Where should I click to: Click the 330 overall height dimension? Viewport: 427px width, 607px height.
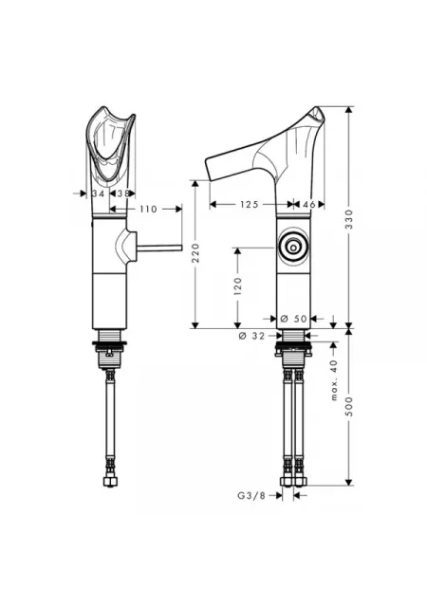(x=349, y=219)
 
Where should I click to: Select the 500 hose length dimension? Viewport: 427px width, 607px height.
(x=349, y=407)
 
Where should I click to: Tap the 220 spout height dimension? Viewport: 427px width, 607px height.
(x=195, y=253)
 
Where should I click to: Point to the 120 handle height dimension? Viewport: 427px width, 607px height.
(x=237, y=286)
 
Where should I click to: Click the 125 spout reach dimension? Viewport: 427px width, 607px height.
(x=249, y=204)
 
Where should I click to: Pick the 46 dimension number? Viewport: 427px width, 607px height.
(x=308, y=204)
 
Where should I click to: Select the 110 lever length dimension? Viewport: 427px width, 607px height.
(x=148, y=209)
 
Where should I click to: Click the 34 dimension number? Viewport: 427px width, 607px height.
(x=99, y=193)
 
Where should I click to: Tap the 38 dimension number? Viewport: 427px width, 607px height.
(x=122, y=193)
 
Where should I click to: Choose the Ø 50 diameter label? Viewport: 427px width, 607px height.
(x=293, y=319)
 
